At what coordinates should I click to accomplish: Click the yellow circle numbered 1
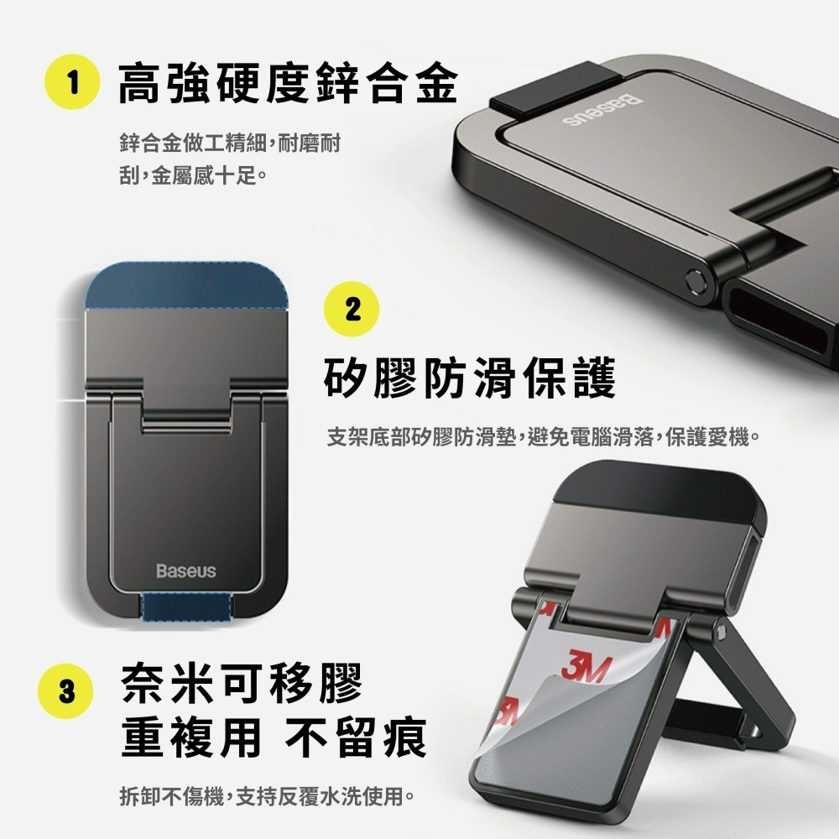click(x=71, y=82)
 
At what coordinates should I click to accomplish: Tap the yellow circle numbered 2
click(x=352, y=309)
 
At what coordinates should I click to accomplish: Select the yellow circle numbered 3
click(x=65, y=690)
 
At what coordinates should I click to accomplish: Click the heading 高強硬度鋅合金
click(x=287, y=83)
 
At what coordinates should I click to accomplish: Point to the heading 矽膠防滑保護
click(x=470, y=378)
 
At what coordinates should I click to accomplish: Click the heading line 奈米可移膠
click(x=242, y=683)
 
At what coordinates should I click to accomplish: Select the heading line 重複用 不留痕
click(x=274, y=737)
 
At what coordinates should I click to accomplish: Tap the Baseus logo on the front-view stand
click(x=186, y=571)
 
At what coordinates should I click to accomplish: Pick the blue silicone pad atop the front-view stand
click(x=187, y=287)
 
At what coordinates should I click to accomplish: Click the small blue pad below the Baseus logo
click(x=187, y=607)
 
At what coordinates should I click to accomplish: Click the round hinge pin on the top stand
click(x=696, y=280)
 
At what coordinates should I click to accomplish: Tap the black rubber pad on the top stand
click(x=555, y=90)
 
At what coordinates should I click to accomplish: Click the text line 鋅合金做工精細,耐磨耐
click(x=230, y=143)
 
